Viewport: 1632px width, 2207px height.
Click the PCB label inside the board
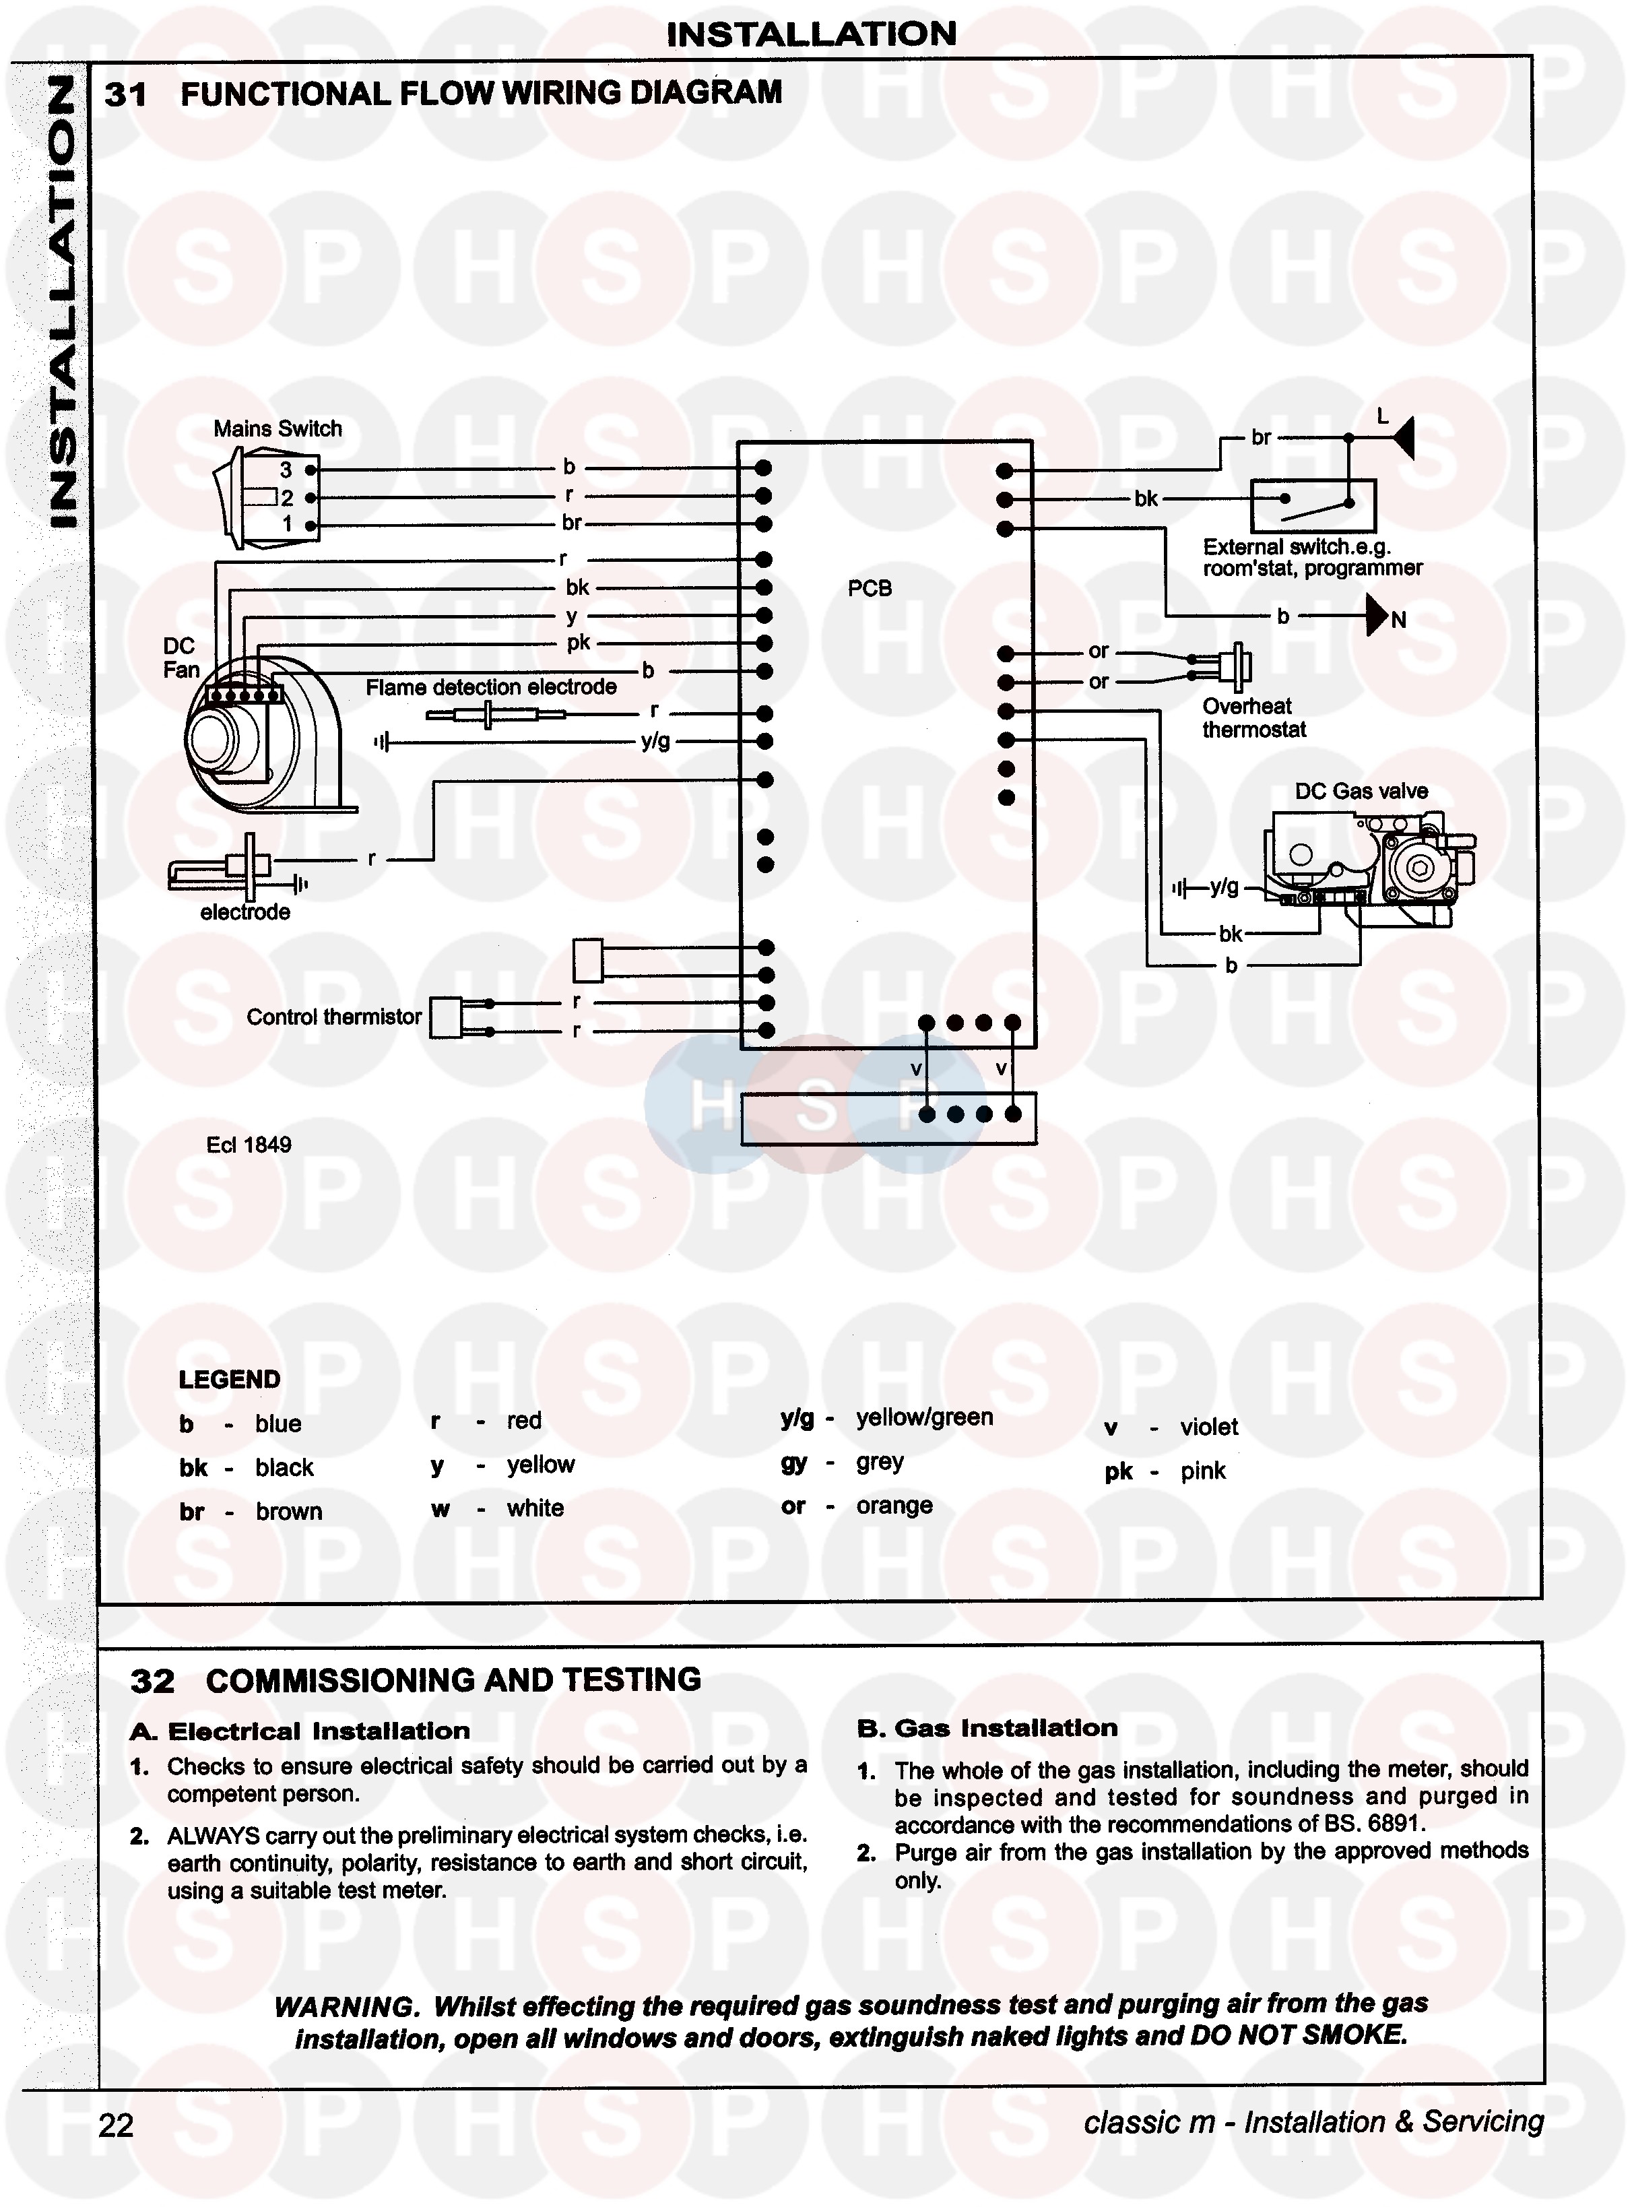click(870, 589)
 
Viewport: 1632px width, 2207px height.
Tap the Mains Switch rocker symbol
click(237, 497)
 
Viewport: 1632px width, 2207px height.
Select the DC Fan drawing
click(262, 731)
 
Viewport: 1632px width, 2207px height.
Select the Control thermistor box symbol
click(447, 1017)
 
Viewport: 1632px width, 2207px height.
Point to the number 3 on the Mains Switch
click(286, 470)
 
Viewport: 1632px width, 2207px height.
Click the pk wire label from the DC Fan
click(578, 643)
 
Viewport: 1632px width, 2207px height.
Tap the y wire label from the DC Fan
click(571, 616)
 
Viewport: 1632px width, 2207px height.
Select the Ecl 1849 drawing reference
click(249, 1145)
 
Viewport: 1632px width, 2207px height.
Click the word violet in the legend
click(1208, 1427)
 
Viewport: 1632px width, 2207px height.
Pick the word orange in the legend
click(894, 1506)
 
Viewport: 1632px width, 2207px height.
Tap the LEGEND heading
click(229, 1379)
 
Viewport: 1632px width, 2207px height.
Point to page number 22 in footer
click(116, 2125)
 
